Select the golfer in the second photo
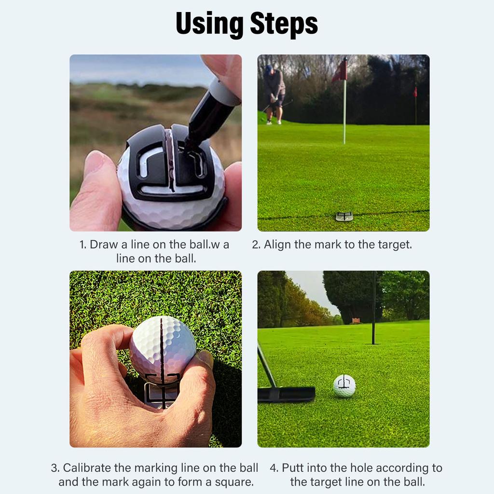[x=274, y=94]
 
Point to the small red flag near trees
[x=415, y=92]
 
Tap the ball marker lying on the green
[x=344, y=217]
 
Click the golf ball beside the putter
[x=344, y=385]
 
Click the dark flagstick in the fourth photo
[x=373, y=309]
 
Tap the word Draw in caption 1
[x=104, y=245]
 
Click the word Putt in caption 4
[x=292, y=468]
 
